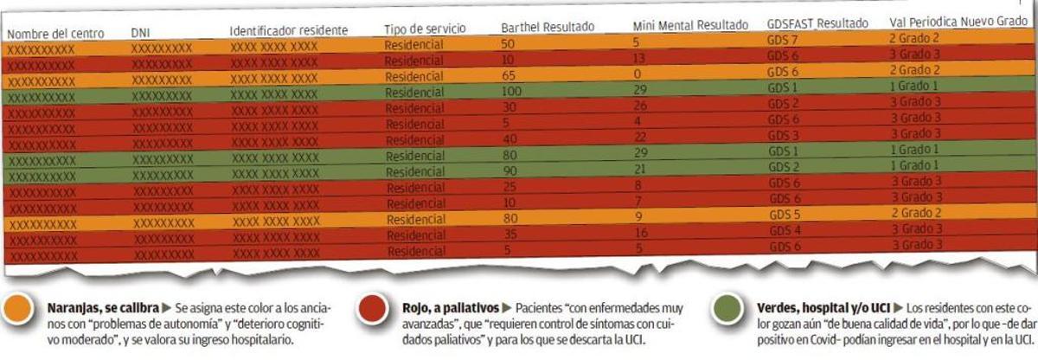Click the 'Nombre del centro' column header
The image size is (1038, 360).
coord(55,34)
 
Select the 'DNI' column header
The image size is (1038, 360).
coord(141,32)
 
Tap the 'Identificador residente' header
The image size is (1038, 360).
coord(288,30)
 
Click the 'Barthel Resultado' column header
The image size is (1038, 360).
coord(554,27)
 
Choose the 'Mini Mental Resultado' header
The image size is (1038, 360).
coord(690,25)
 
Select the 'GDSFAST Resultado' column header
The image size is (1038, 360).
coord(817,23)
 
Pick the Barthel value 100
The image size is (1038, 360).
coord(514,91)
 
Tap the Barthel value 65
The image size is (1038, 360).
coord(509,75)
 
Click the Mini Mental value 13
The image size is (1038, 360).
coord(640,58)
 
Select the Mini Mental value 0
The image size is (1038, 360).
coord(637,74)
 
